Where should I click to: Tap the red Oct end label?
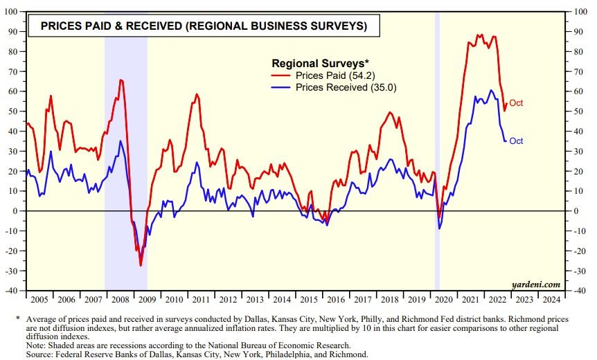pos(516,103)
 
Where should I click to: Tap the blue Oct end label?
pos(516,141)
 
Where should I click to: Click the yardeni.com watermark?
pos(534,284)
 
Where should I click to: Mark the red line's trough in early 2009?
pos(141,265)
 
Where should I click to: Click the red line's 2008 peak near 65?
pos(121,80)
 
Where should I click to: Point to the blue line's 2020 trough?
pos(438,228)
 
